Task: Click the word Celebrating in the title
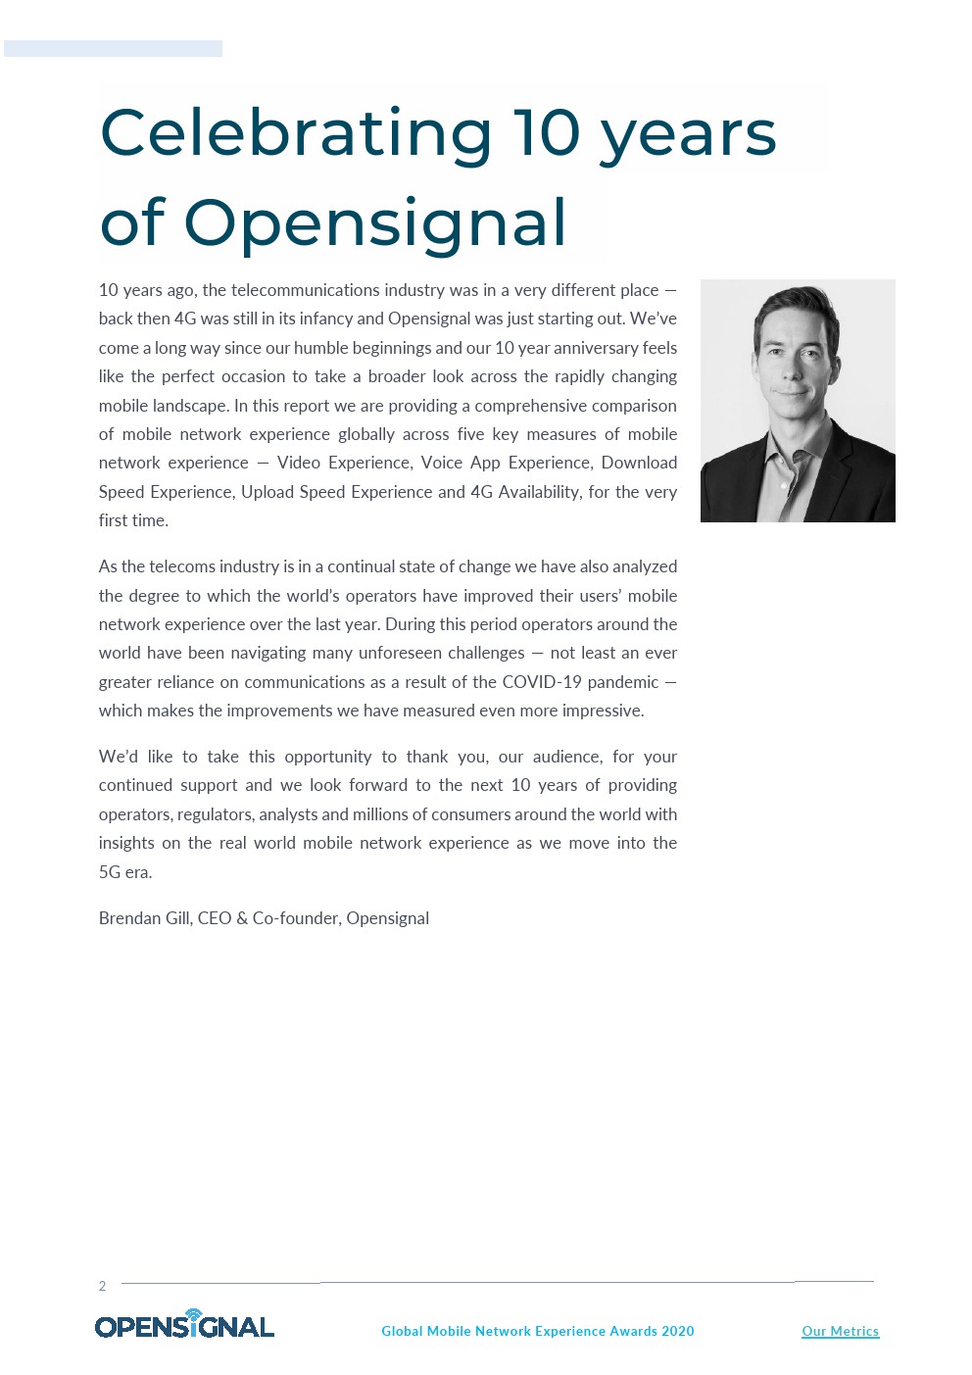point(295,133)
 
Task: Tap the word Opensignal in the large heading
point(375,222)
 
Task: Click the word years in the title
point(688,133)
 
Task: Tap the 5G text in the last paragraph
point(109,872)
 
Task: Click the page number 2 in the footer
point(102,1286)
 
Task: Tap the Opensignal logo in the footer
point(184,1325)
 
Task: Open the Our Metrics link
point(840,1331)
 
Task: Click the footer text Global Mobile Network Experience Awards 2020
point(537,1331)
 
